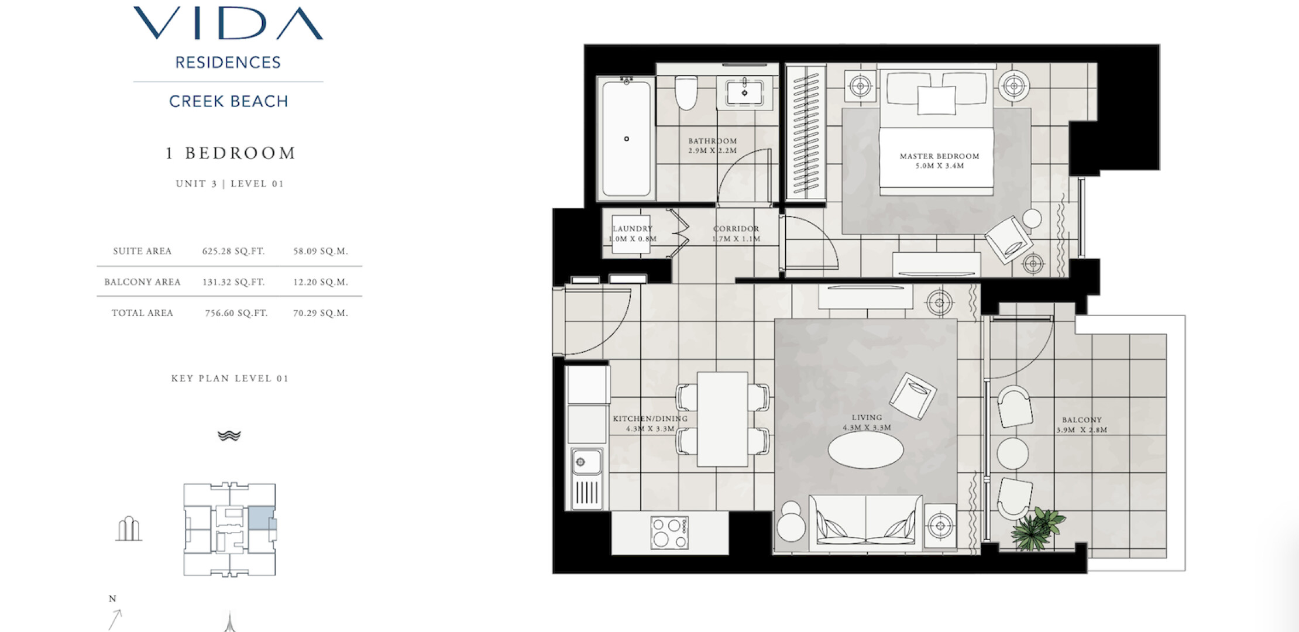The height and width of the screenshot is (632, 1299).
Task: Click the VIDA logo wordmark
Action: (x=228, y=23)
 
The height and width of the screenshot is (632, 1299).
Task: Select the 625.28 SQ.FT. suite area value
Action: (x=233, y=251)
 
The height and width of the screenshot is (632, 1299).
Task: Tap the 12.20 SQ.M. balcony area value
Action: (x=321, y=282)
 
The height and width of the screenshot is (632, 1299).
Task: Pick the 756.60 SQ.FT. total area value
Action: (x=236, y=313)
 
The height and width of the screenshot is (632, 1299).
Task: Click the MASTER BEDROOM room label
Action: (x=940, y=156)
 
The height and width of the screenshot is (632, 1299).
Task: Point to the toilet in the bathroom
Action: (x=686, y=92)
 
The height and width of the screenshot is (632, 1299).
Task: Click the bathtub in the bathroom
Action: (x=627, y=139)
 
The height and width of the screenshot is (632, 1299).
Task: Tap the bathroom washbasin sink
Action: (x=744, y=93)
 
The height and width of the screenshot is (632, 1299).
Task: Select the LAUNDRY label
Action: (x=633, y=229)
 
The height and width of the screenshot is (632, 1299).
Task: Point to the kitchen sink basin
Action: (x=586, y=462)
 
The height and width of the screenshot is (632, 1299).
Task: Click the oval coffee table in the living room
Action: (x=866, y=449)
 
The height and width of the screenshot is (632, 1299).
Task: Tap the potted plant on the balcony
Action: (x=1037, y=528)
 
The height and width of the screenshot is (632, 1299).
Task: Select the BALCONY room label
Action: (x=1082, y=420)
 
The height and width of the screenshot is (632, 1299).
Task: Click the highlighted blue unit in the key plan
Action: (x=260, y=518)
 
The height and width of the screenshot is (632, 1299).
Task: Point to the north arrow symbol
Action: (x=115, y=619)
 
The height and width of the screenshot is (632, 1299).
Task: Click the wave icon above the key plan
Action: (x=229, y=435)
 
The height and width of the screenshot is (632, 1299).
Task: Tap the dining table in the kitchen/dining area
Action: (x=723, y=419)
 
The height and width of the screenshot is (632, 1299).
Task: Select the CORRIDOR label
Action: (x=736, y=229)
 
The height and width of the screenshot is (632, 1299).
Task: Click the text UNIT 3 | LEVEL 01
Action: (x=230, y=184)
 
